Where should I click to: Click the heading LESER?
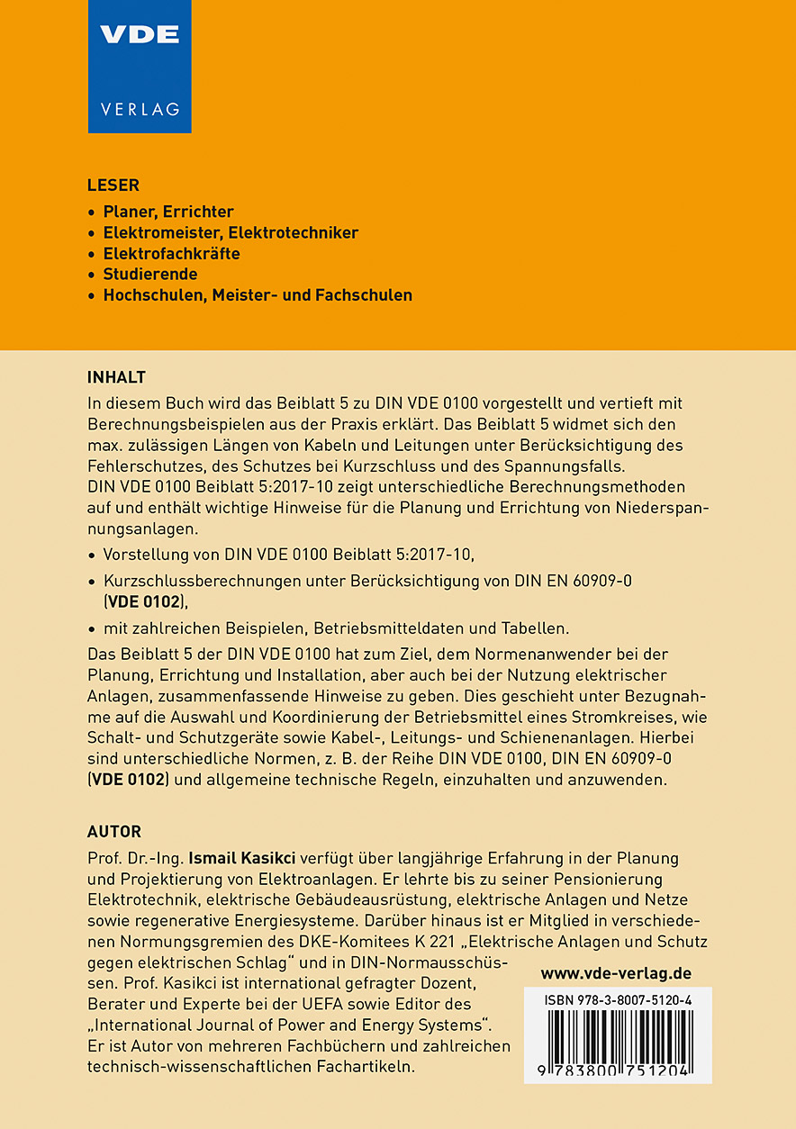[x=113, y=185]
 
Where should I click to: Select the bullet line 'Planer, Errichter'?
[x=168, y=212]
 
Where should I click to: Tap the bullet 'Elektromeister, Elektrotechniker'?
[x=231, y=232]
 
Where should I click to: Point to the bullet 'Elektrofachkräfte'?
[x=171, y=253]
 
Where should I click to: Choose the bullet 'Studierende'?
[x=150, y=274]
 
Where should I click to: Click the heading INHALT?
[x=116, y=376]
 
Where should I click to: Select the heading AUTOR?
[x=114, y=831]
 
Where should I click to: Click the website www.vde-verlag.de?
[x=616, y=973]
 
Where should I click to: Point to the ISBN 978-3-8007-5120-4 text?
[x=617, y=999]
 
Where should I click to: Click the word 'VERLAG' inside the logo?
[x=140, y=110]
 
